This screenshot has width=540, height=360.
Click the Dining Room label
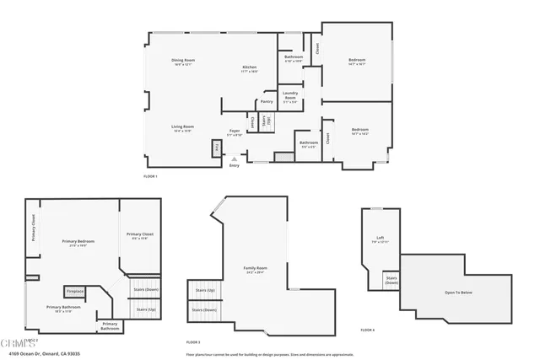tap(184, 60)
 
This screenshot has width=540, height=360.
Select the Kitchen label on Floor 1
tap(250, 67)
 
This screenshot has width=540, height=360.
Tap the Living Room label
tap(183, 126)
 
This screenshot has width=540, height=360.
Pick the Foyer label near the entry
tap(235, 131)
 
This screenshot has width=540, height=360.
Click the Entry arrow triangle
tap(235, 159)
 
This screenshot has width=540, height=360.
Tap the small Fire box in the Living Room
tap(217, 148)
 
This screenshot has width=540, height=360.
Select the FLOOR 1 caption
tap(150, 176)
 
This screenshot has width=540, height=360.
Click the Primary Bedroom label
tap(78, 242)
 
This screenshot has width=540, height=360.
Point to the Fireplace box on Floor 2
tap(76, 292)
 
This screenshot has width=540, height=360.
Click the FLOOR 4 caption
tap(367, 330)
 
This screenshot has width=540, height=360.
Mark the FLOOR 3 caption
tap(193, 341)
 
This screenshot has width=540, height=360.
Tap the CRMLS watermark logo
tap(13, 342)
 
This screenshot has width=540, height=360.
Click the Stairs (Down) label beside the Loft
tap(391, 280)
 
